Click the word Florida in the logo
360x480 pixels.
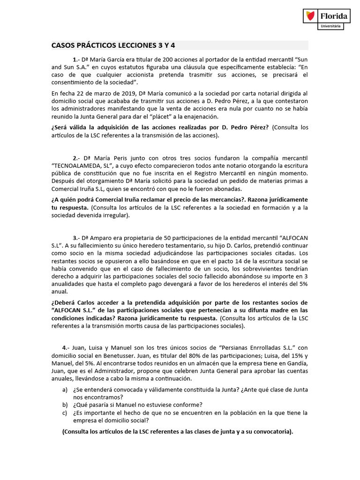(x=333, y=16)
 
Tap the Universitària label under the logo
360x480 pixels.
(x=331, y=26)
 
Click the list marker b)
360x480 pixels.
(x=65, y=405)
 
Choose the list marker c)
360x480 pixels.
(x=65, y=412)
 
